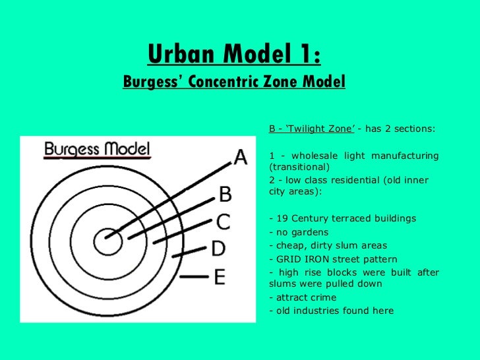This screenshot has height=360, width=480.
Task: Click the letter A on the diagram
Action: click(x=240, y=158)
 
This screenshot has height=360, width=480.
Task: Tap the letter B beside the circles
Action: click(x=225, y=194)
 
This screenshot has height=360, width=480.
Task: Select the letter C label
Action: click(x=224, y=222)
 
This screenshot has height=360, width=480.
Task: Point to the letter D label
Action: click(x=218, y=249)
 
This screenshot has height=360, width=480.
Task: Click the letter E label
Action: click(x=219, y=276)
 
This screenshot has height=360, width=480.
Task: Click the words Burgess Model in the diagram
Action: click(x=97, y=150)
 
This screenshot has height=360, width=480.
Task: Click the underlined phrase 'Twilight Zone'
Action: click(x=320, y=128)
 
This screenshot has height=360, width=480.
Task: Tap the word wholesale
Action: click(x=313, y=156)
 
